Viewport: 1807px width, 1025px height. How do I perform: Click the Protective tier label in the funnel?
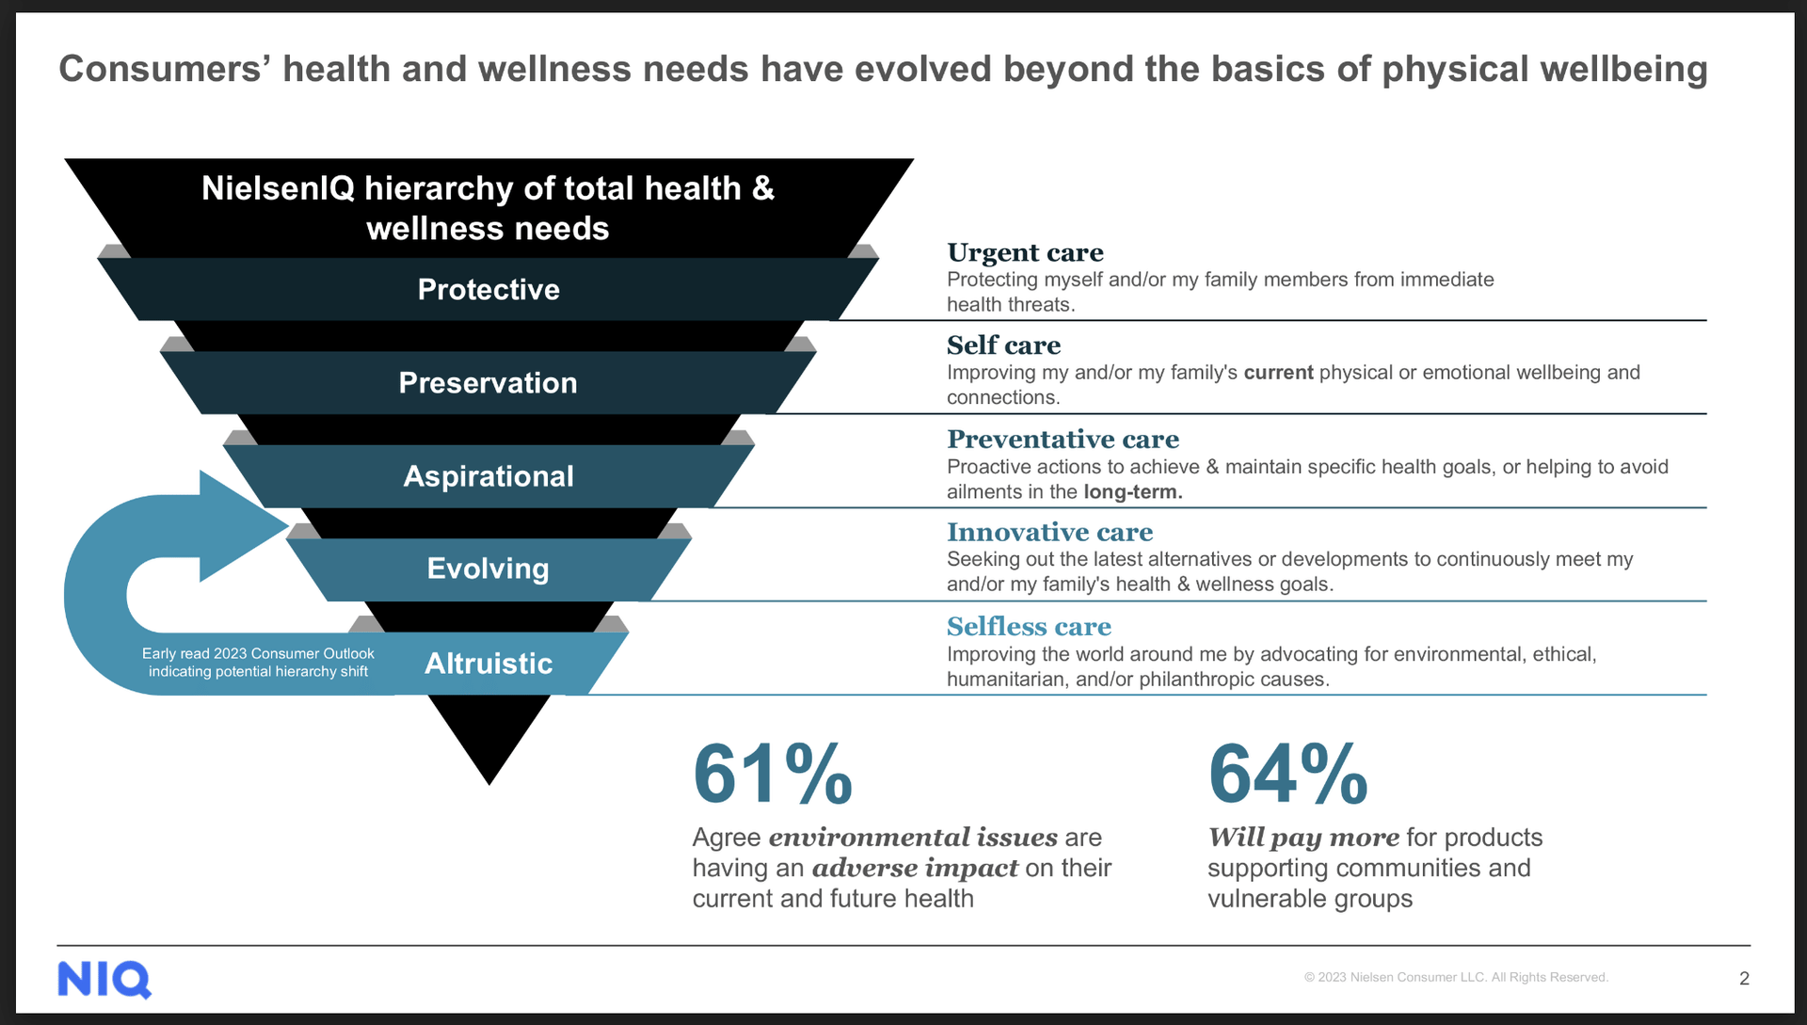[488, 289]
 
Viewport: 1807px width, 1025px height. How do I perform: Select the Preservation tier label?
[488, 383]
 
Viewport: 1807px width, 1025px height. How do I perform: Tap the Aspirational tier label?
[488, 476]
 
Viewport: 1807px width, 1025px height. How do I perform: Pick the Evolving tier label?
[488, 569]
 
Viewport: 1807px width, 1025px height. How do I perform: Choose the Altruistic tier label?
[488, 664]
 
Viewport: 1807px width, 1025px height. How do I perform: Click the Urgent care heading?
[1025, 252]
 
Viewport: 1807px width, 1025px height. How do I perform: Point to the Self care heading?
[1003, 345]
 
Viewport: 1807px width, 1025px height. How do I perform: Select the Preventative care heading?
[1063, 440]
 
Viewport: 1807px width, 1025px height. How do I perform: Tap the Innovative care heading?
[1049, 533]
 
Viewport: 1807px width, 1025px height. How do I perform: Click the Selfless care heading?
[1029, 627]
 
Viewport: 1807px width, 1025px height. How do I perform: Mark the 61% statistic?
[773, 775]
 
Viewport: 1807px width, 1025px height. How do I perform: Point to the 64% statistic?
[1287, 775]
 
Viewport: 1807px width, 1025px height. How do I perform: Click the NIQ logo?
[104, 980]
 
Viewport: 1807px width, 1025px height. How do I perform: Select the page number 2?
[1744, 979]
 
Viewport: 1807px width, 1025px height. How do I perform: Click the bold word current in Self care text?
[1278, 373]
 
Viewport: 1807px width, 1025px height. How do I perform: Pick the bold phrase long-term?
[1132, 492]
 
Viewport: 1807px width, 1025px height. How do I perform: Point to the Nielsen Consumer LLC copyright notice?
[1456, 977]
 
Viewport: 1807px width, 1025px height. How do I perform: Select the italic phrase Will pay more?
[1303, 838]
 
